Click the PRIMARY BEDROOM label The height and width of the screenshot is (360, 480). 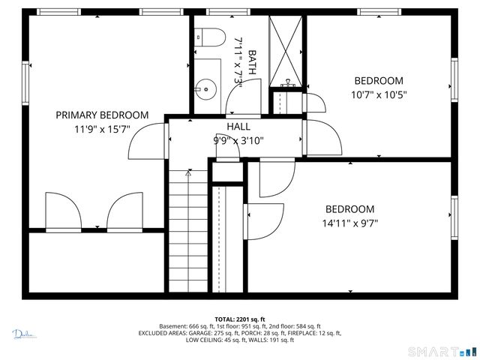[102, 115]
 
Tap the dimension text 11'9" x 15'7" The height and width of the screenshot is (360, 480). [102, 129]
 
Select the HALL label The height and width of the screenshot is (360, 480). [238, 127]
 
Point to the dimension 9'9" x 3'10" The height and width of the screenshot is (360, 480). [238, 139]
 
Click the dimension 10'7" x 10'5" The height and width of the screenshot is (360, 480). [379, 94]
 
